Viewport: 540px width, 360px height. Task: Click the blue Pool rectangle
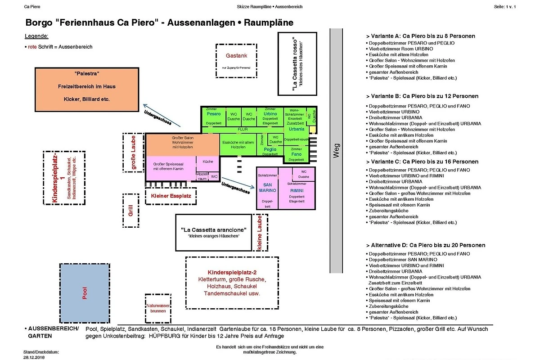pyautogui.click(x=85, y=293)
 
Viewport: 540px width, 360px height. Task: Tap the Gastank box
pyautogui.click(x=236, y=61)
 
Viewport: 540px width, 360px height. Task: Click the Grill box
pyautogui.click(x=130, y=211)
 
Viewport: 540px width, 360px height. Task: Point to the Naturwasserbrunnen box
pyautogui.click(x=158, y=309)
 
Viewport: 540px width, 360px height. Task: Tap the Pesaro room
pyautogui.click(x=214, y=116)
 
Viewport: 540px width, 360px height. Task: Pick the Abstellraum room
pyautogui.click(x=202, y=176)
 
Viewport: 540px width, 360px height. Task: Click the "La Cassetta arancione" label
pyautogui.click(x=213, y=230)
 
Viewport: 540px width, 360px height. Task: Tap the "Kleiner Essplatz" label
pyautogui.click(x=171, y=196)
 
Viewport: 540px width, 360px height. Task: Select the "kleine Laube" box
pyautogui.click(x=260, y=232)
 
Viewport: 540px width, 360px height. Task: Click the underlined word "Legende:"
pyautogui.click(x=36, y=36)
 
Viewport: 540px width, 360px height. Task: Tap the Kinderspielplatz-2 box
pyautogui.click(x=231, y=283)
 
